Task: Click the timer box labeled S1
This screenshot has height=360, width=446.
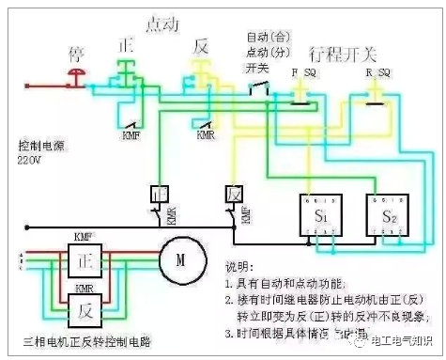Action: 318,217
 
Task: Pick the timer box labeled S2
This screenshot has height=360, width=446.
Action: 390,217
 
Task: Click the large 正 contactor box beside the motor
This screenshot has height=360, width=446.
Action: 85,257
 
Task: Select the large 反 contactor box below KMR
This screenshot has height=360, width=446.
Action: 85,305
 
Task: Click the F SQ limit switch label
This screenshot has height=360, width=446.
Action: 301,71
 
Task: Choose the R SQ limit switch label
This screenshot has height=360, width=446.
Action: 377,71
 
